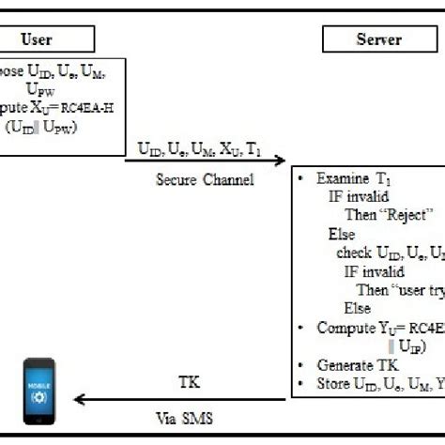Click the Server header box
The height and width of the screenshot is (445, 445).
point(378,39)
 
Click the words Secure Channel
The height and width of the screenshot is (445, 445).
point(205,178)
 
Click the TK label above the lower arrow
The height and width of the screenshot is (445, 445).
point(189,384)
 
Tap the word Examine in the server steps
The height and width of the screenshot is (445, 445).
point(344,178)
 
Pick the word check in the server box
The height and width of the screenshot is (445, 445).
point(354,253)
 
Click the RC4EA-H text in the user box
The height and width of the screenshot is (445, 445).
point(90,105)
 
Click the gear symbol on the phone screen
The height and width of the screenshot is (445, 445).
point(38,393)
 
